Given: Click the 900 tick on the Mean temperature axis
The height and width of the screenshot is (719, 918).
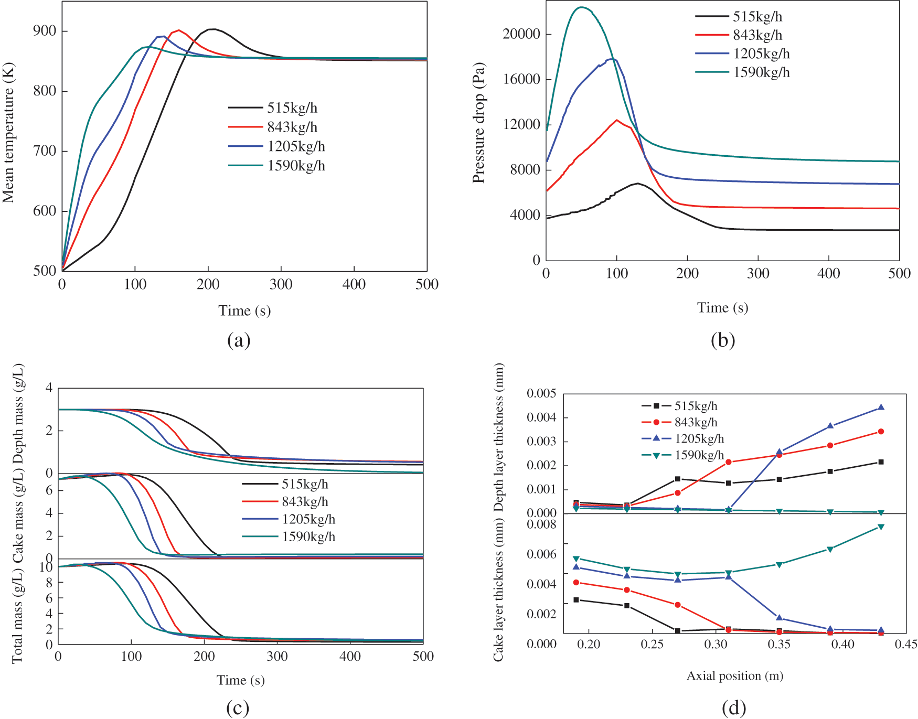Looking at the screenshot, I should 44,31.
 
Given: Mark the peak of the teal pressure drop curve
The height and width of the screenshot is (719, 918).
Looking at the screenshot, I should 581,7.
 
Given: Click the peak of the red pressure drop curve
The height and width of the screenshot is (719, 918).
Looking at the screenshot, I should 617,120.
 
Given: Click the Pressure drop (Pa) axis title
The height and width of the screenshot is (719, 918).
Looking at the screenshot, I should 478,123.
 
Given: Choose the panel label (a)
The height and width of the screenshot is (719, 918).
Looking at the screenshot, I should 239,340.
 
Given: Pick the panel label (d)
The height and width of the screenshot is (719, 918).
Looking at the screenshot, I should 733,709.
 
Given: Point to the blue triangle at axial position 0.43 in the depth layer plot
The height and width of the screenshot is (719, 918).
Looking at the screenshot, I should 881,407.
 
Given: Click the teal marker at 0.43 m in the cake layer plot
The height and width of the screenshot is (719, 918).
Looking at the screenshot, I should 881,527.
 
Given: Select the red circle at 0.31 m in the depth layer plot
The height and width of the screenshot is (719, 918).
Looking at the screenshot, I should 728,462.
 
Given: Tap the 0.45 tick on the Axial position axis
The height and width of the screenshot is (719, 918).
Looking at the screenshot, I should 906,644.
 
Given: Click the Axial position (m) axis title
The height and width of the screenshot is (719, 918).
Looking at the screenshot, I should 735,676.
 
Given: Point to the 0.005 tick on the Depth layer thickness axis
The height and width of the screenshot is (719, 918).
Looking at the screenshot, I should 541,394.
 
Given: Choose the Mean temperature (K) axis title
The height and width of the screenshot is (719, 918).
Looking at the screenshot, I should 8,133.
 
